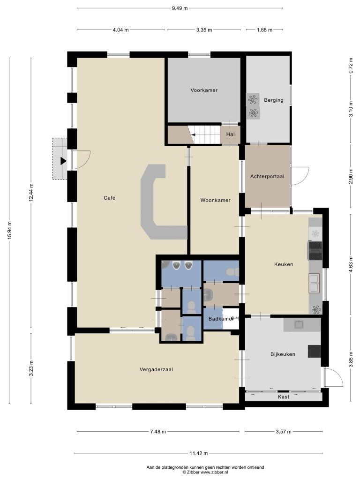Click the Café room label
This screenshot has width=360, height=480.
tap(109, 198)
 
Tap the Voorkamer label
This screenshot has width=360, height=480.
tap(204, 90)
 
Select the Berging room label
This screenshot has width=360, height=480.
tap(274, 100)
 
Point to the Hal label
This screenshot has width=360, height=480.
tap(231, 134)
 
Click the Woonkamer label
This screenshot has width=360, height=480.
tap(215, 200)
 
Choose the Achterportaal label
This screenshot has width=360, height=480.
tap(267, 176)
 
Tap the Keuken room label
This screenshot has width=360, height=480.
tap(284, 264)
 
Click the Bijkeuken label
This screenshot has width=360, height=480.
tap(283, 354)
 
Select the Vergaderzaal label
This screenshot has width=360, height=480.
tap(156, 369)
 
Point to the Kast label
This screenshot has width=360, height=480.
tap(284, 397)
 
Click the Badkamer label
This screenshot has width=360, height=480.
tap(221, 319)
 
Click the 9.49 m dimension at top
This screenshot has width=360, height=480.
tap(180, 8)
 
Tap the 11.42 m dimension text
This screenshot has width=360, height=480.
tap(199, 453)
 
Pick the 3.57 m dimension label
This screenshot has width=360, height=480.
tap(284, 432)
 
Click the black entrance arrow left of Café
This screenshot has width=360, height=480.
tap(63, 161)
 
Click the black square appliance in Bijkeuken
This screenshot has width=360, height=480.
tap(315, 351)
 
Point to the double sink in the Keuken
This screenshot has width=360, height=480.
tap(314, 283)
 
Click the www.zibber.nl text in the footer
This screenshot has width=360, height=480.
tap(215, 472)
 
